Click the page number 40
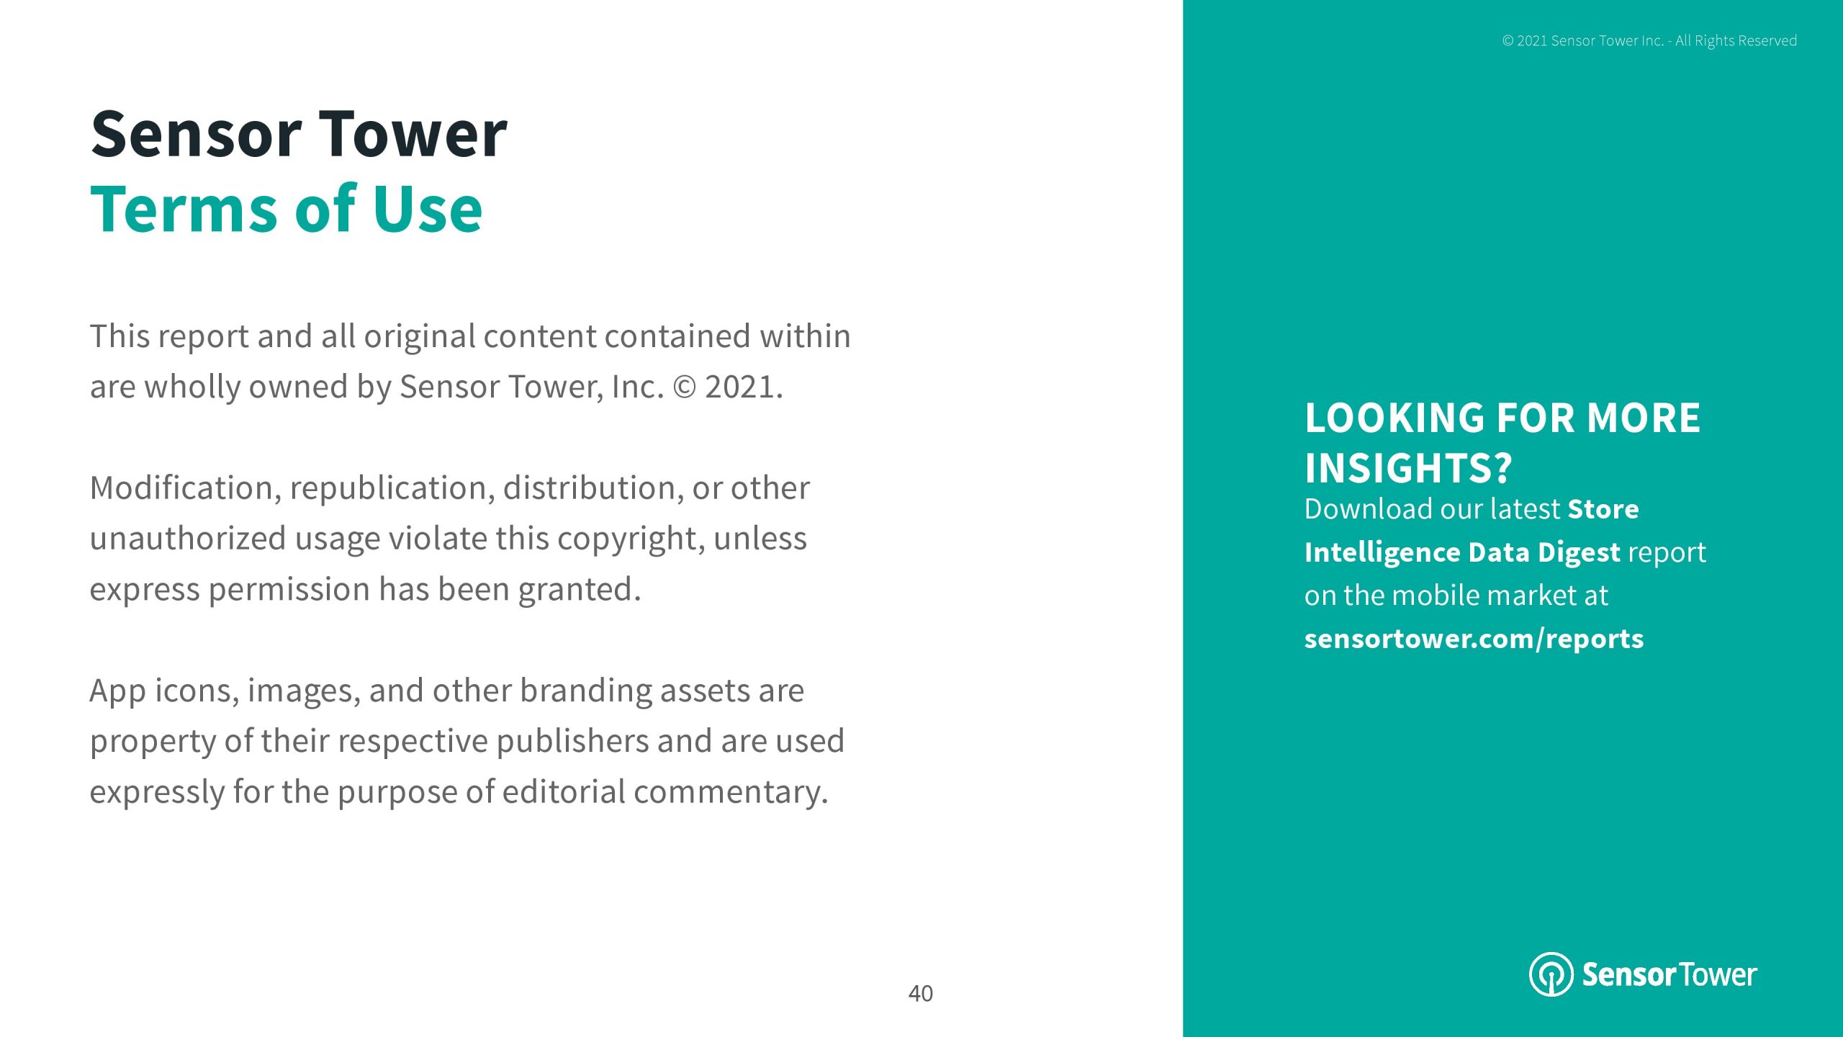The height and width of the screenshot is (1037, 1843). [921, 994]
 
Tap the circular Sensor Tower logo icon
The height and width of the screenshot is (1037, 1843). [1551, 974]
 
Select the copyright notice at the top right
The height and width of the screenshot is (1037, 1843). [1649, 41]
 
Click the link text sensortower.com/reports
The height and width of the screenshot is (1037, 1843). [1474, 639]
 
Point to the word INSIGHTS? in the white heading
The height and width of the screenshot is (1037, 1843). [1408, 468]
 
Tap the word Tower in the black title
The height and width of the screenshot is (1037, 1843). [413, 134]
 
